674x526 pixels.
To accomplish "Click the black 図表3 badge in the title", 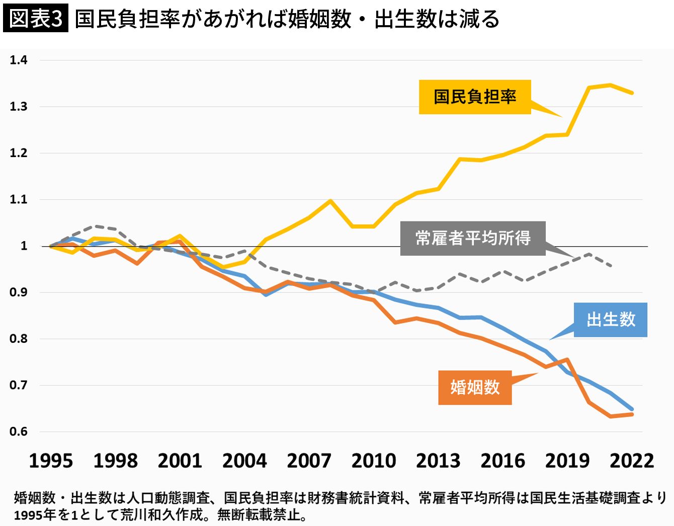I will (x=35, y=19).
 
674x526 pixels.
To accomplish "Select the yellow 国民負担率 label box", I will (x=475, y=97).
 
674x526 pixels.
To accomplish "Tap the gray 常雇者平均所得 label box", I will (x=473, y=238).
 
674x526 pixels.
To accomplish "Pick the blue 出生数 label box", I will (x=611, y=320).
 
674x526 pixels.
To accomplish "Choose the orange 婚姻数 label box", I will (x=475, y=387).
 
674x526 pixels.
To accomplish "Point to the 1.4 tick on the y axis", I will (x=19, y=60).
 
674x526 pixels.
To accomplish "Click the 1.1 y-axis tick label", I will (x=19, y=200).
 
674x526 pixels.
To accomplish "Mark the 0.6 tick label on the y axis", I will (x=19, y=431).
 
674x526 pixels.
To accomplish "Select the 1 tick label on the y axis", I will (x=24, y=246).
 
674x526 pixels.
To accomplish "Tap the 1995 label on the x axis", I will (x=51, y=461).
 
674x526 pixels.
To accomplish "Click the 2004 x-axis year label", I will (x=244, y=461).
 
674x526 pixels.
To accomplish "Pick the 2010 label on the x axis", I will (x=374, y=461).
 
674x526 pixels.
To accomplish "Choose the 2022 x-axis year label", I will (x=632, y=461).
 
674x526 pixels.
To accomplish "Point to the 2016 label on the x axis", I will (x=503, y=461).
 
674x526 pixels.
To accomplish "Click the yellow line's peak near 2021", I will (x=610, y=85).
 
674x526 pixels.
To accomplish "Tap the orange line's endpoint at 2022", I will (x=632, y=414).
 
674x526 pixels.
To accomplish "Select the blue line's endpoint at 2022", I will (x=632, y=409).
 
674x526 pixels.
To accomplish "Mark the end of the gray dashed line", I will (x=611, y=265).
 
